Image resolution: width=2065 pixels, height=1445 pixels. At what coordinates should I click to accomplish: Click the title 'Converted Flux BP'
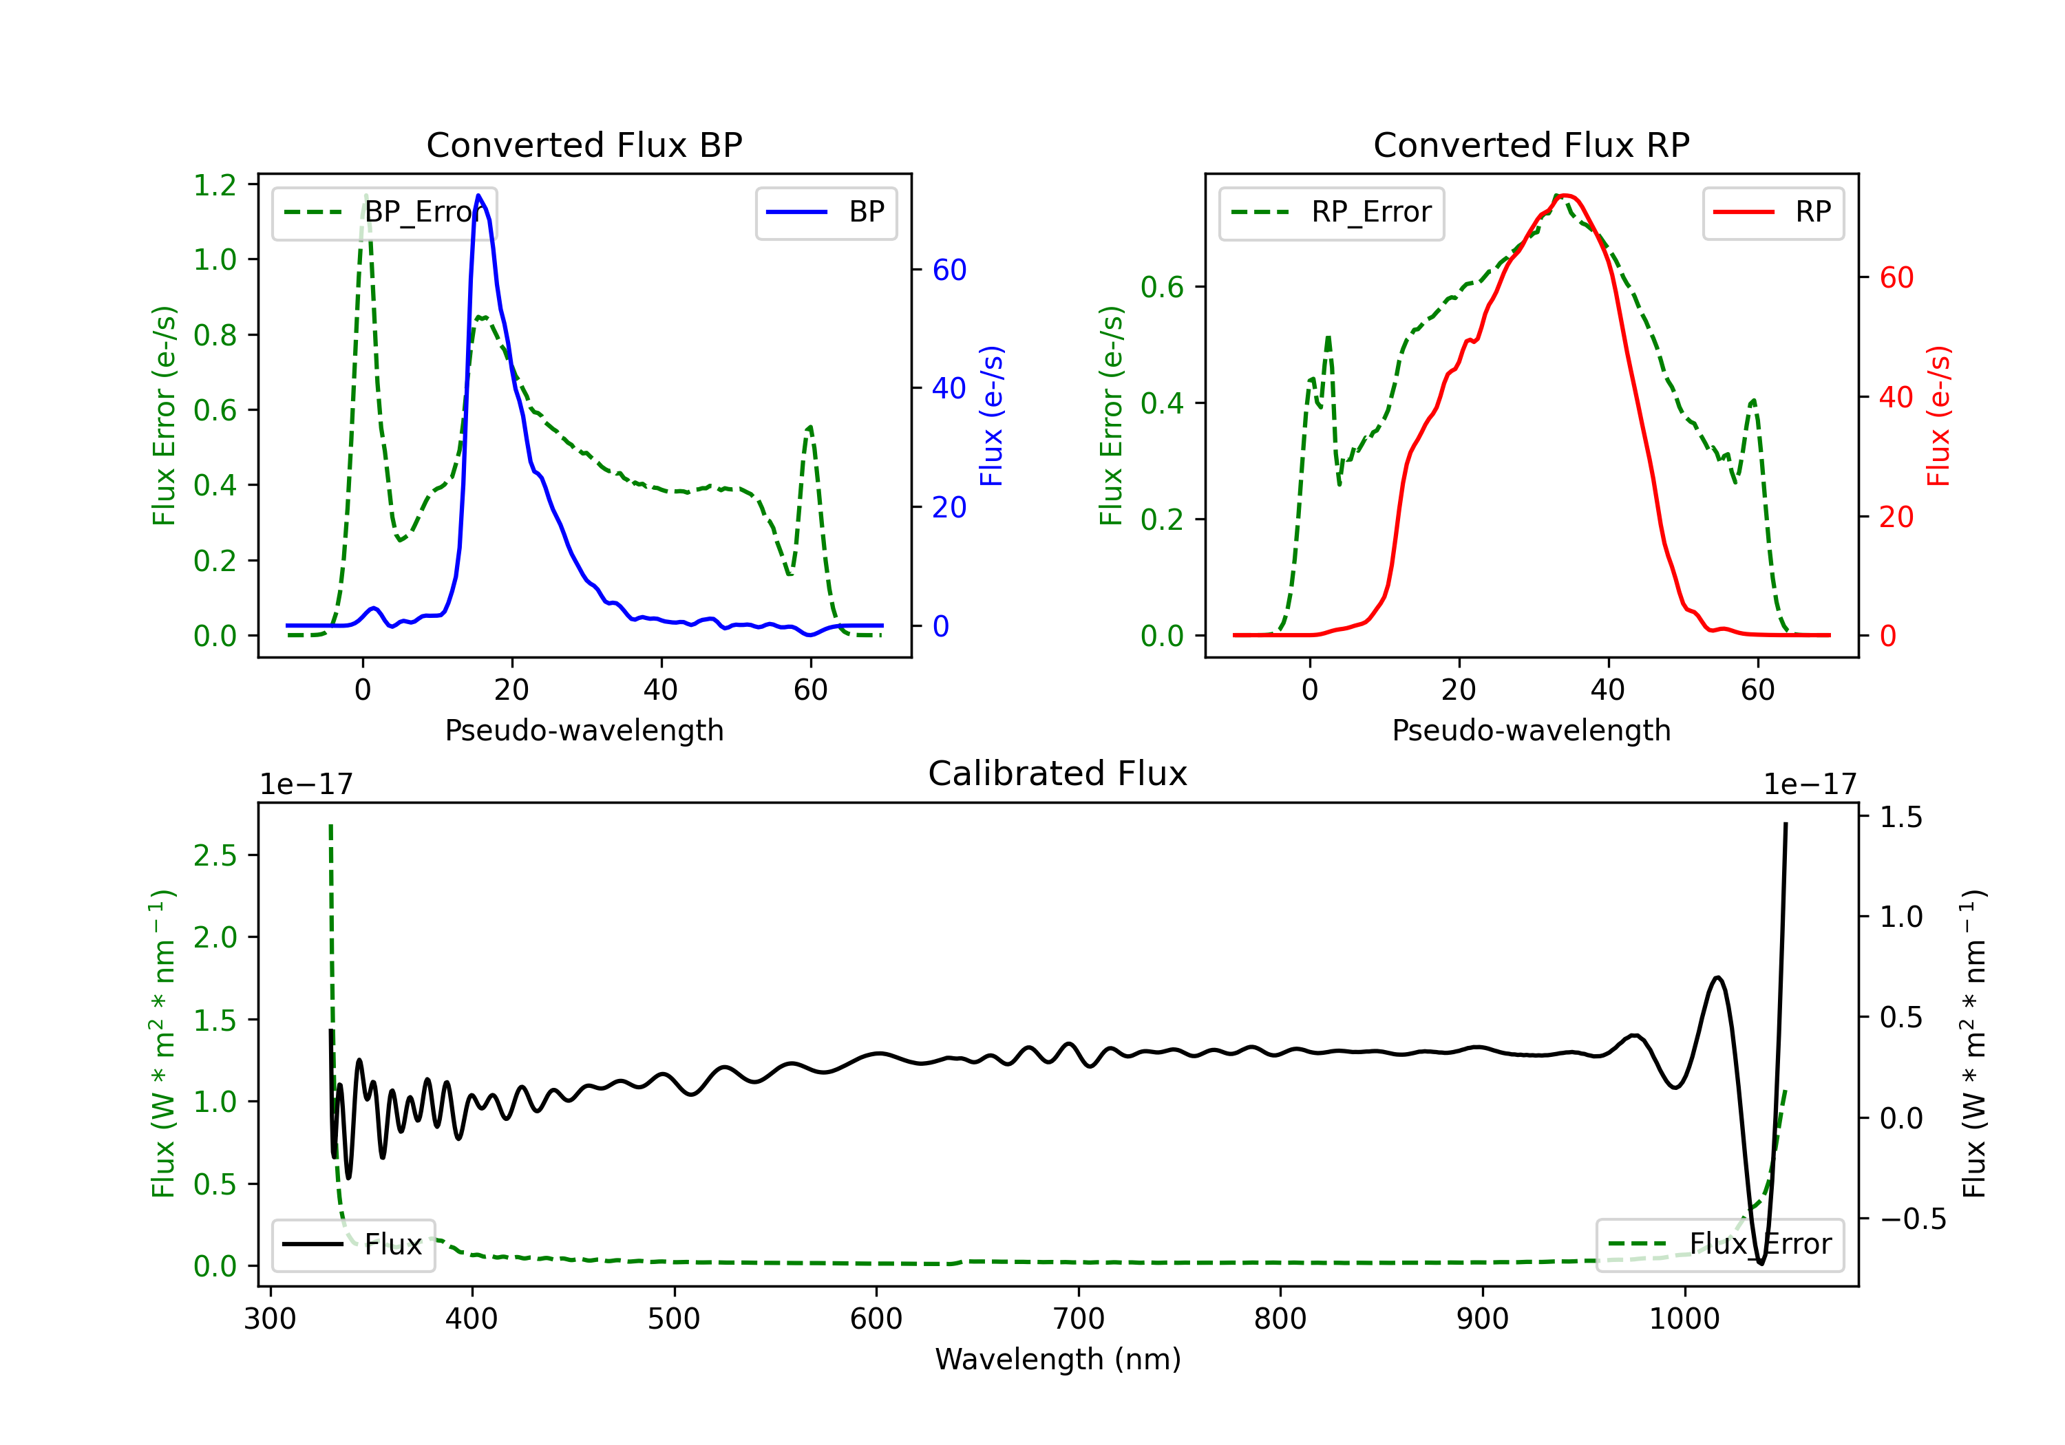tap(584, 144)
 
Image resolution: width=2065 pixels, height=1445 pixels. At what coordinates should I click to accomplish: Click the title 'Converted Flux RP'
tap(1531, 144)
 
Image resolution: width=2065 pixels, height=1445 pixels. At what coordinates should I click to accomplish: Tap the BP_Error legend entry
tap(385, 212)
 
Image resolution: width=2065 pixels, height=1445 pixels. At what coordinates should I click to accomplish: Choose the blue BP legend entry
tap(825, 212)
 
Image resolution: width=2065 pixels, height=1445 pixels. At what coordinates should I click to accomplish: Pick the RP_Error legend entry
tap(1331, 212)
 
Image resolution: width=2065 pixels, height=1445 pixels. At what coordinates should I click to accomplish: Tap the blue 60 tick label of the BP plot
tap(949, 270)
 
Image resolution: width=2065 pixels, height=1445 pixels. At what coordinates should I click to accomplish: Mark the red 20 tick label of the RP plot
tap(1896, 517)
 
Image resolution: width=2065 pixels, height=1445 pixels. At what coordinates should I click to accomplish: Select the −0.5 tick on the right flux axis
tap(1912, 1219)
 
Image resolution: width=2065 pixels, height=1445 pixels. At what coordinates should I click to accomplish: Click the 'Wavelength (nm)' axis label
tap(1058, 1359)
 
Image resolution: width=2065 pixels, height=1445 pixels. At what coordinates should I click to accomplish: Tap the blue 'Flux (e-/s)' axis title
tap(991, 416)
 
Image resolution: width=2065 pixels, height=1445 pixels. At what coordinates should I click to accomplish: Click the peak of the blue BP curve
tap(478, 195)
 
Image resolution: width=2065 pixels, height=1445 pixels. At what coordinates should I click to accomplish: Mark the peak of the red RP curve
tap(1566, 195)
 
